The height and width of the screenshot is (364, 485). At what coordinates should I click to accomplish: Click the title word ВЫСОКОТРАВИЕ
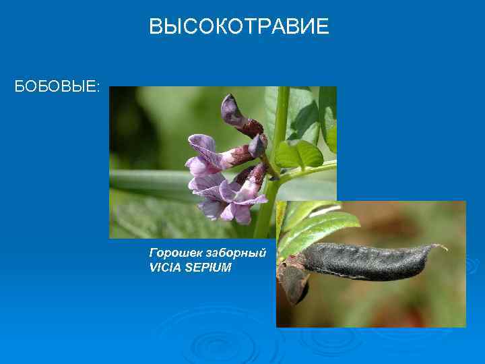(239, 27)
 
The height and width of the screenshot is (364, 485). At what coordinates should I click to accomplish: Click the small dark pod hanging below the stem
(294, 283)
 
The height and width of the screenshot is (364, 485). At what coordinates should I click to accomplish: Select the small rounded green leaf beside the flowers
(299, 154)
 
